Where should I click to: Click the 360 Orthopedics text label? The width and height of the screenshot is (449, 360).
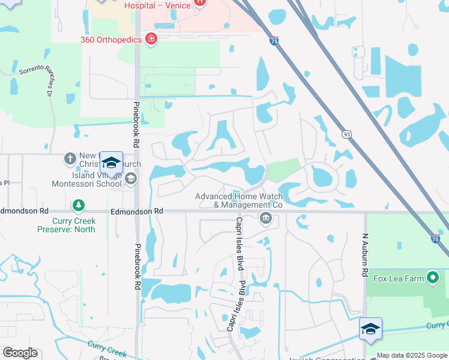point(111,40)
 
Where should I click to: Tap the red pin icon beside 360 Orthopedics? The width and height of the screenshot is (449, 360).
point(151,40)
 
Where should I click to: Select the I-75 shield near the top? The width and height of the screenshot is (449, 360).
point(274,40)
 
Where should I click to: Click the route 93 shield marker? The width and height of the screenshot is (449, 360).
point(346,134)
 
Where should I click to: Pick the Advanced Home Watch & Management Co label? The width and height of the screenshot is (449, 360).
point(239,200)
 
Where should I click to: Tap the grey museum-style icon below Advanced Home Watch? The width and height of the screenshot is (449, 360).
point(265,218)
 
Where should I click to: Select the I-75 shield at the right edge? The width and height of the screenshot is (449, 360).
point(435,238)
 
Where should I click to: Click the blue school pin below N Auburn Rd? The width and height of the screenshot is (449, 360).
point(370,329)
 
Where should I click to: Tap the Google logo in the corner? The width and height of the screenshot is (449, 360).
point(20,353)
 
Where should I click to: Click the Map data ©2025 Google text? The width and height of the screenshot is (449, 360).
point(412,355)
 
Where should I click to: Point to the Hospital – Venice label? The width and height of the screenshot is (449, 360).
point(157,5)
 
